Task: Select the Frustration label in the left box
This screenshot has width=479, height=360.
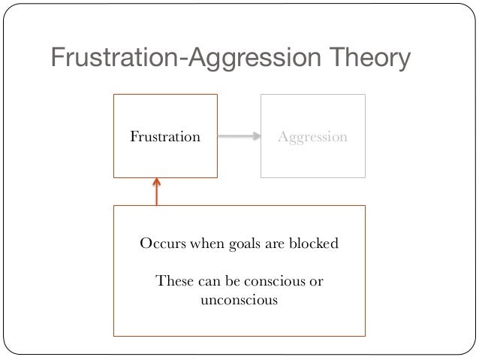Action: click(165, 137)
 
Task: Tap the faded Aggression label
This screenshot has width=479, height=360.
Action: click(312, 137)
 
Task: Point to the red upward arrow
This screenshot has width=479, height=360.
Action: click(157, 192)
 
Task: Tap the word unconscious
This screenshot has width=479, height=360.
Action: click(239, 301)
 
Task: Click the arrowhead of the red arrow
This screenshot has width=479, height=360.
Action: click(157, 181)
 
